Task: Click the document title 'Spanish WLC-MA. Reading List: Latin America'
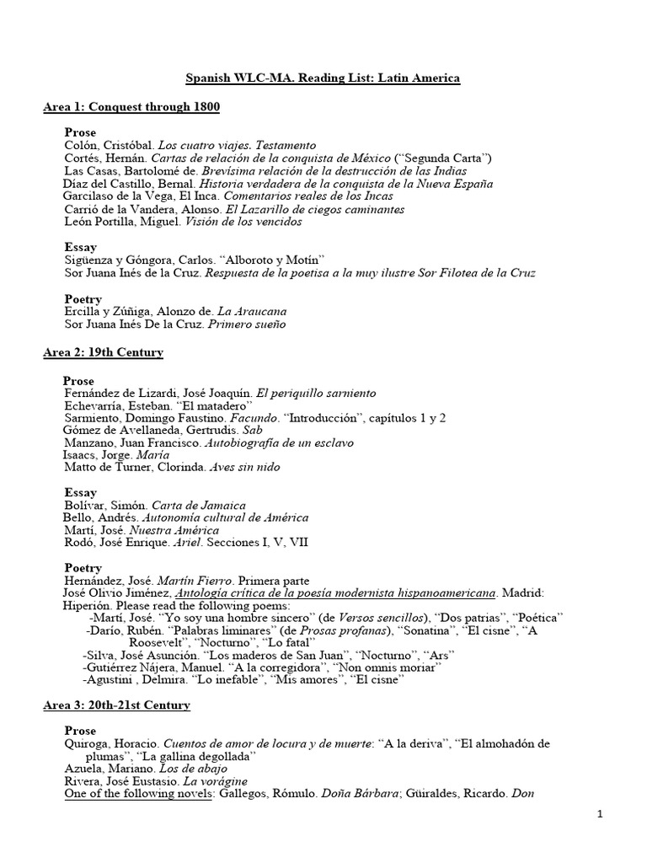pyautogui.click(x=323, y=78)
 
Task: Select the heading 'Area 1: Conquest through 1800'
pyautogui.click(x=131, y=107)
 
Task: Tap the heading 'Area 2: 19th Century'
pyautogui.click(x=103, y=351)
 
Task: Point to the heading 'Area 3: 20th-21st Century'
pyautogui.click(x=116, y=705)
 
